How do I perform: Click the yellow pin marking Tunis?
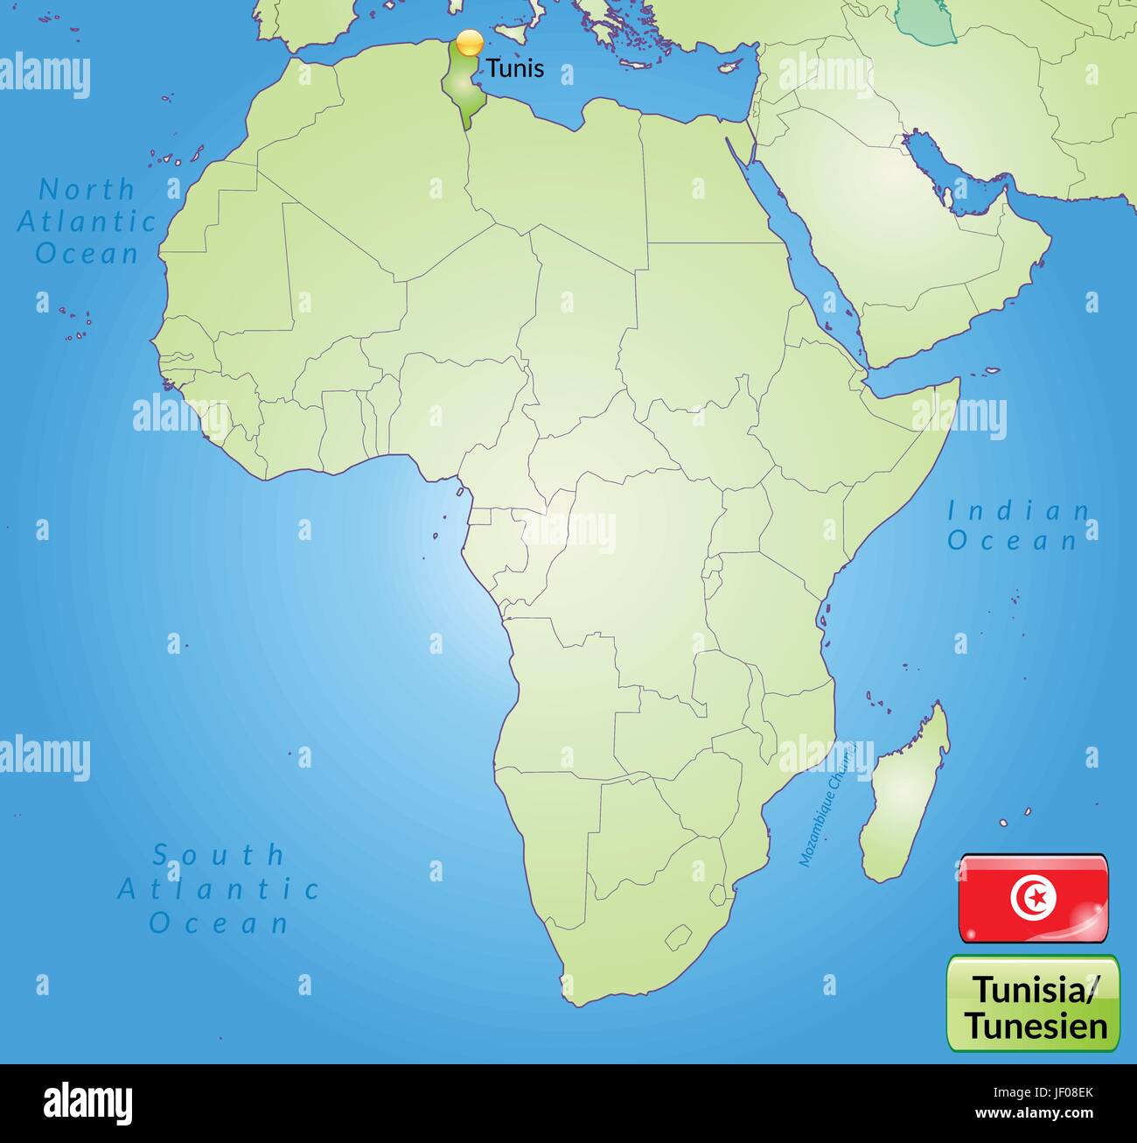point(470,42)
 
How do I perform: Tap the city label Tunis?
point(515,68)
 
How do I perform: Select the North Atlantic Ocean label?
point(87,221)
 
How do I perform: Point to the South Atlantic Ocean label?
point(219,888)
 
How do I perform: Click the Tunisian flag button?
point(1033,898)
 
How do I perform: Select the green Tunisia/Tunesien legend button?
point(1033,1003)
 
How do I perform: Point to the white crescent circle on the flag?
point(1032,897)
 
